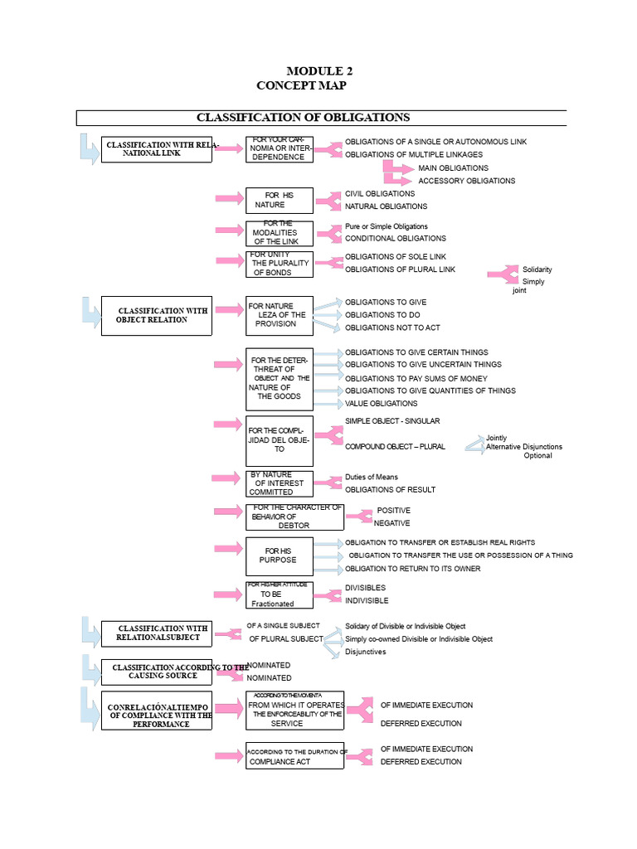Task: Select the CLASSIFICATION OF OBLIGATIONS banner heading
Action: click(303, 117)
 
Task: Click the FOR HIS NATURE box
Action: click(280, 200)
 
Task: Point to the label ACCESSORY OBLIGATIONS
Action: click(466, 181)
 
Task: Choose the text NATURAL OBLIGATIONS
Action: click(386, 206)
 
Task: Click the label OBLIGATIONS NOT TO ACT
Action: click(392, 327)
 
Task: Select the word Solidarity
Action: click(537, 269)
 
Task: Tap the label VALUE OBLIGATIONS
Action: click(381, 404)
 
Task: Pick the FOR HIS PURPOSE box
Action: click(280, 555)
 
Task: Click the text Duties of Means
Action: click(371, 477)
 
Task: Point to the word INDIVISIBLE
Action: click(367, 600)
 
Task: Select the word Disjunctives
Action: click(365, 652)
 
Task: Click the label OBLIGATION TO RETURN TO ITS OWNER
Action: click(412, 569)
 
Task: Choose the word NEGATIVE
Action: click(391, 523)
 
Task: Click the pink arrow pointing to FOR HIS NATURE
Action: click(229, 198)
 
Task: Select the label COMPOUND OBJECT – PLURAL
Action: click(395, 446)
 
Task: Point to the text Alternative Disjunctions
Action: click(523, 447)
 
